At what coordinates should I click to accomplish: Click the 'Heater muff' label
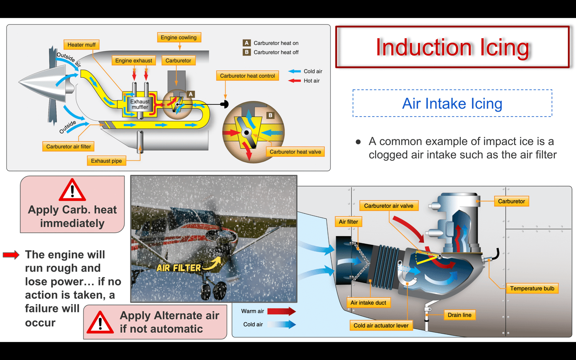click(x=81, y=45)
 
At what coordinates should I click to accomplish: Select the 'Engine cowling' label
click(x=179, y=37)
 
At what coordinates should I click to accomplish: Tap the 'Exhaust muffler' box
click(x=140, y=104)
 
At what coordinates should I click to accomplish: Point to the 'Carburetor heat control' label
click(x=247, y=76)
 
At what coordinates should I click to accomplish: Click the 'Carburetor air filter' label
click(x=68, y=147)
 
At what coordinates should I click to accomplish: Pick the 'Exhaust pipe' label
click(x=107, y=161)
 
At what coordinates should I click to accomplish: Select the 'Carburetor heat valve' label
click(x=295, y=152)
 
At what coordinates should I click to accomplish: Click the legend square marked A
click(x=246, y=43)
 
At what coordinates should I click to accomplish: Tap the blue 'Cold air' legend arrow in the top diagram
click(x=294, y=72)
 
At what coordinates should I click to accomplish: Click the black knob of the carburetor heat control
click(x=225, y=104)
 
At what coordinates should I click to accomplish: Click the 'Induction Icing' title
click(x=452, y=47)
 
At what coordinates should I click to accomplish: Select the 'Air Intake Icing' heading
click(x=452, y=104)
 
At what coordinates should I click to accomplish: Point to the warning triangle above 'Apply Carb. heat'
click(x=72, y=190)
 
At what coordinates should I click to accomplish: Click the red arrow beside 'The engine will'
click(x=11, y=255)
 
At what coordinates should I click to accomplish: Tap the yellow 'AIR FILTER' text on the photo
click(x=179, y=268)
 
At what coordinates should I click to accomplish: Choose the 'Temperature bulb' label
click(x=532, y=288)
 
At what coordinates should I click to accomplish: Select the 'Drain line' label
click(x=459, y=315)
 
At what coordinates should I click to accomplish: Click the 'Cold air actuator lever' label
click(x=381, y=325)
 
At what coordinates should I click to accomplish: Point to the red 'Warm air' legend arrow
click(x=282, y=311)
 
